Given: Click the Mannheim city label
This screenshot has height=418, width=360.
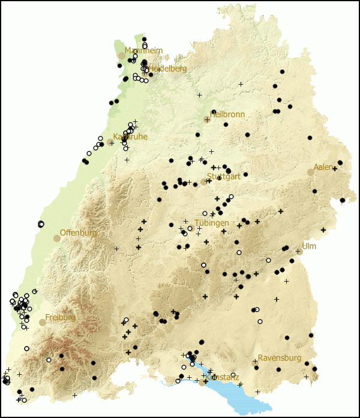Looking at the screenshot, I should point(143,50).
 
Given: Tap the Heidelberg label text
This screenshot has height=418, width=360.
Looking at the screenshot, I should point(167,68).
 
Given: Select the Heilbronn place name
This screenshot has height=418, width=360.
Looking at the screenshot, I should point(227,114).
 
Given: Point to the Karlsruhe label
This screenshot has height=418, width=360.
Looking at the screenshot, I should point(130,137).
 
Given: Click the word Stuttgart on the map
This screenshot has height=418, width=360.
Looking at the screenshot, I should point(223,177).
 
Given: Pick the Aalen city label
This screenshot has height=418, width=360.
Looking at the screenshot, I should point(323,167).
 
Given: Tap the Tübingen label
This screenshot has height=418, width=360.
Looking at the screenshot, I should point(211,223).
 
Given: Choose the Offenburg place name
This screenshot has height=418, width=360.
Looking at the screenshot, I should point(79,232).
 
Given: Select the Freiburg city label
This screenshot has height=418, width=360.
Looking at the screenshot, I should point(61,317).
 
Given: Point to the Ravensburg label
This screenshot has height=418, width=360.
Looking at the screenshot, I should point(280,358).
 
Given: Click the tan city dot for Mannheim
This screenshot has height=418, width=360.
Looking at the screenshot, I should point(122,55).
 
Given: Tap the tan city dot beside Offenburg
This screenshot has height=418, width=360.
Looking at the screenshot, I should point(57,238).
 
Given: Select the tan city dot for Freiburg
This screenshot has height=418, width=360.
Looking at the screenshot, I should point(43,323).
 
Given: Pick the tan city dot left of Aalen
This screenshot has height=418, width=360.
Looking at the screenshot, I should point(310,172).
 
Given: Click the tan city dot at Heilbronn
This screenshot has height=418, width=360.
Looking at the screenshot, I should point(207,120).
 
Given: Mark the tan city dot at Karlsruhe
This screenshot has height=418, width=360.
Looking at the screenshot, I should point(111,142).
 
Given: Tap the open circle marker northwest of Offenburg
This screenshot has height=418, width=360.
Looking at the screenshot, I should point(41,224).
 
